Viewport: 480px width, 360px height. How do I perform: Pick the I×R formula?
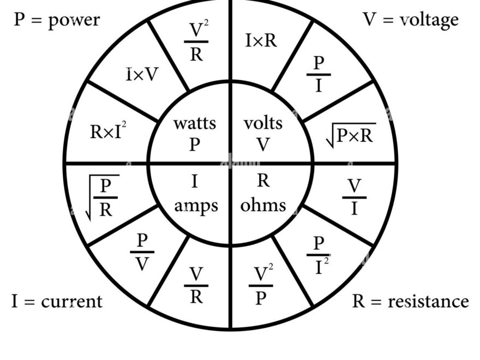[261, 40]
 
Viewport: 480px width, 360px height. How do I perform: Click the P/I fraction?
[319, 74]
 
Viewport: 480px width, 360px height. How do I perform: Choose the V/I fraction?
[355, 197]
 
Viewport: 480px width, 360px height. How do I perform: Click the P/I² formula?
[320, 254]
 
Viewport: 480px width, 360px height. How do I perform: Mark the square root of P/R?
[103, 197]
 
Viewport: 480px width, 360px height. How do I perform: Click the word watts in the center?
[194, 123]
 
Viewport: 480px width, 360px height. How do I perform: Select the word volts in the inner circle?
[263, 123]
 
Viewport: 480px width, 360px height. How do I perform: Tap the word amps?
[196, 206]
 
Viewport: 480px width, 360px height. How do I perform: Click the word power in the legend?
[74, 21]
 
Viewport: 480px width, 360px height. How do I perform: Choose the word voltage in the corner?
[429, 20]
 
